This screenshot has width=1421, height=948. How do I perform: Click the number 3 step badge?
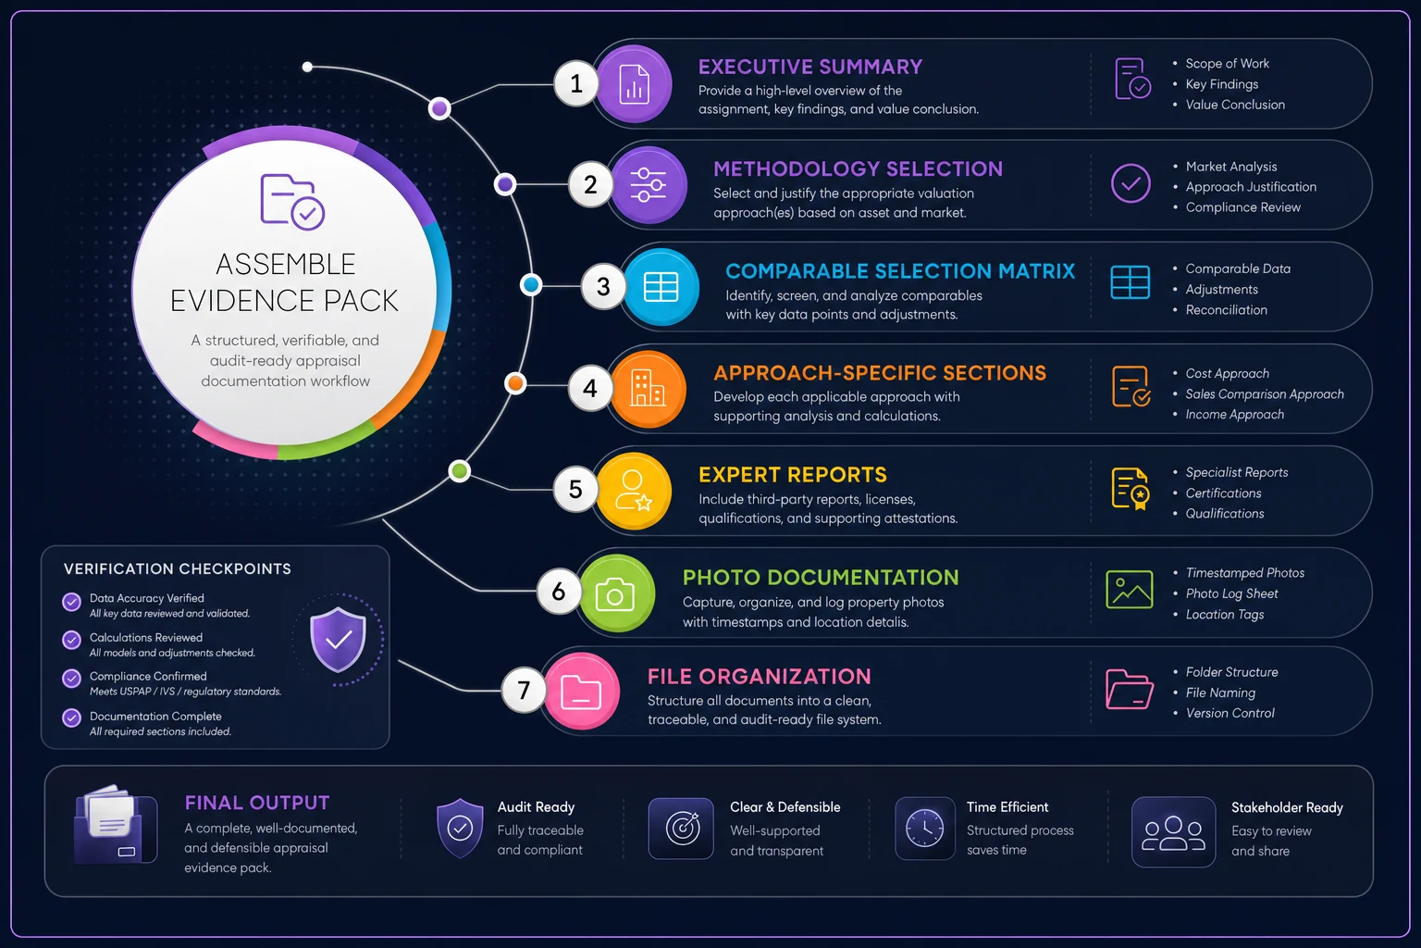[x=603, y=286]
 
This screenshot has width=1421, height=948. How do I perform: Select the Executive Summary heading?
[x=810, y=67]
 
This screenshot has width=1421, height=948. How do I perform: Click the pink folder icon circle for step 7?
[x=581, y=691]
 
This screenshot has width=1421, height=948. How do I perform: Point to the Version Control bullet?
[x=1230, y=713]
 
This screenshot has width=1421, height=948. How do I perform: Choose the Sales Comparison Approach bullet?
[x=1265, y=393]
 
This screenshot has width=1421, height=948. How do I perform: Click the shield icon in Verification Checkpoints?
[x=338, y=639]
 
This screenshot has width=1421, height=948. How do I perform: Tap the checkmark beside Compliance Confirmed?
[x=71, y=679]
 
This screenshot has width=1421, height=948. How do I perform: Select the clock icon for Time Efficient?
[x=924, y=828]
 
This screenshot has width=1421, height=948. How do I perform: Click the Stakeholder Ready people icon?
[x=1173, y=831]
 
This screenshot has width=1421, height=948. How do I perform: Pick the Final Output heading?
[x=257, y=803]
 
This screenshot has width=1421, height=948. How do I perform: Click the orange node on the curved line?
[x=515, y=383]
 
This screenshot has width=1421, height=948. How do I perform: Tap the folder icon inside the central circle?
[x=292, y=201]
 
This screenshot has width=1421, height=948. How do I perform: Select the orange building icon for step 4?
[x=648, y=389]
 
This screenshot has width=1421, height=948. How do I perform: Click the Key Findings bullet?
[x=1222, y=84]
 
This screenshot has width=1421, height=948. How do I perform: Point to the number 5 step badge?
[x=575, y=490]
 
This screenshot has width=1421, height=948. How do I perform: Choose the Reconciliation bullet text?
[x=1226, y=310]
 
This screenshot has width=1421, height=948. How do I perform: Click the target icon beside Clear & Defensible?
[x=681, y=828]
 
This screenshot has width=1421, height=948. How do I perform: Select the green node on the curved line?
[x=459, y=471]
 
